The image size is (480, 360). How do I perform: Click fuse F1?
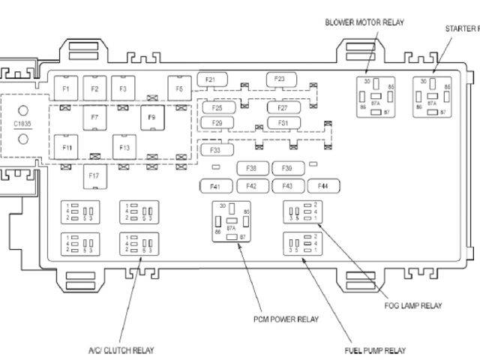pyautogui.click(x=65, y=88)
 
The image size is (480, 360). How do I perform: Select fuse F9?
pyautogui.click(x=152, y=118)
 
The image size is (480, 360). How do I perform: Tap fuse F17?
pyautogui.click(x=94, y=175)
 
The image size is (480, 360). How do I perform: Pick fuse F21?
pyautogui.click(x=210, y=79)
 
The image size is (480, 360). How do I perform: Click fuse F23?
pyautogui.click(x=280, y=79)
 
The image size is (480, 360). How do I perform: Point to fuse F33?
pyautogui.click(x=216, y=150)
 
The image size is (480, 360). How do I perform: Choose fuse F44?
pyautogui.click(x=323, y=185)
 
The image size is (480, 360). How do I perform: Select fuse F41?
pyautogui.click(x=216, y=186)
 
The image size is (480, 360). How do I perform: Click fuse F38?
pyautogui.click(x=252, y=168)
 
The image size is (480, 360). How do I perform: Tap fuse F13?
pyautogui.click(x=124, y=147)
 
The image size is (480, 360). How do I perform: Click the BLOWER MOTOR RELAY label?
pyautogui.click(x=364, y=22)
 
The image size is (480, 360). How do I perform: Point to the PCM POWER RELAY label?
pyautogui.click(x=286, y=319)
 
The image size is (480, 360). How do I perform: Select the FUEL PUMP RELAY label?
pyautogui.click(x=376, y=350)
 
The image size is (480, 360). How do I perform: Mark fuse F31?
pyautogui.click(x=283, y=122)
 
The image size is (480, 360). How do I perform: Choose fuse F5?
pyautogui.click(x=179, y=88)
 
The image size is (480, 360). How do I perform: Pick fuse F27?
pyautogui.click(x=283, y=107)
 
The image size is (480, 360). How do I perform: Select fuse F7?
pyautogui.click(x=94, y=118)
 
